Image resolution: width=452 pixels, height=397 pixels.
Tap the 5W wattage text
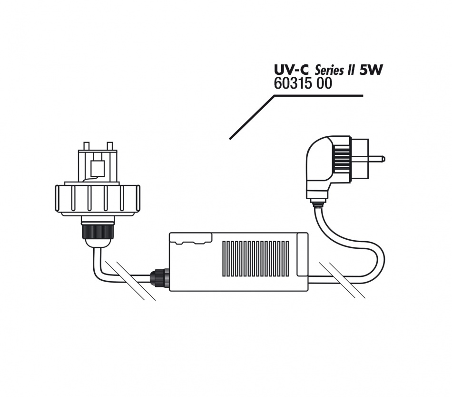coord(371,70)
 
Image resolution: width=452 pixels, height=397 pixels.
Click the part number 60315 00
coord(303,84)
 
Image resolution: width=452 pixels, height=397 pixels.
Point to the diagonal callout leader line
coord(252,117)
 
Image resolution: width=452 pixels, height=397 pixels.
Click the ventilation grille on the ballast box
coord(255,259)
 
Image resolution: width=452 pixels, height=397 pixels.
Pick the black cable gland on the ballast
coord(158,277)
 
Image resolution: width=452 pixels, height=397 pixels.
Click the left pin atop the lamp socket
coord(86,146)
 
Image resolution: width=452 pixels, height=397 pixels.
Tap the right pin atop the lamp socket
coord(109,146)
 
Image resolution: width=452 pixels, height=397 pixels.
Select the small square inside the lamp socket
coord(98,168)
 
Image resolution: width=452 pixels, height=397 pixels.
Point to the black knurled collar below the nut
coord(98,231)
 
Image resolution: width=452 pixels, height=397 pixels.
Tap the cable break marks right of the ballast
coord(342,280)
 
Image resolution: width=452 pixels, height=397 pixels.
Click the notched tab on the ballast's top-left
coord(191,238)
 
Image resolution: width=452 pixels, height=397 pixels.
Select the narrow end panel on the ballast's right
coord(303,254)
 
